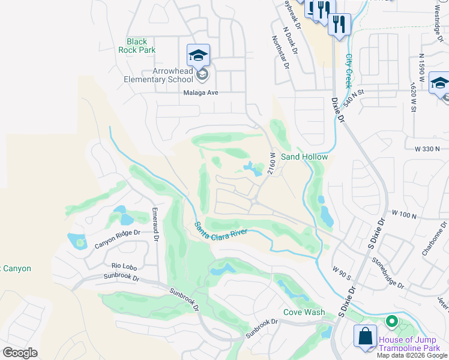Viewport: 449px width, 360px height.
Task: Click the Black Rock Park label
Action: click(137, 46)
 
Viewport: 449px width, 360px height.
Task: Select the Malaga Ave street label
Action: click(200, 93)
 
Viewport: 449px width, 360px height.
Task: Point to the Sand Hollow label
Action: click(313, 157)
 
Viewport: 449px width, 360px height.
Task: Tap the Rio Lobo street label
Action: click(125, 265)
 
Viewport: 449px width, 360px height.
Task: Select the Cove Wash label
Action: click(304, 312)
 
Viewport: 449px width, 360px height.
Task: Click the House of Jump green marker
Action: click(391, 322)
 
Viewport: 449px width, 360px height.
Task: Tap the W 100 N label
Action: click(404, 214)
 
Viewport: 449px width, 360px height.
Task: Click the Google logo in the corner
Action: click(20, 353)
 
